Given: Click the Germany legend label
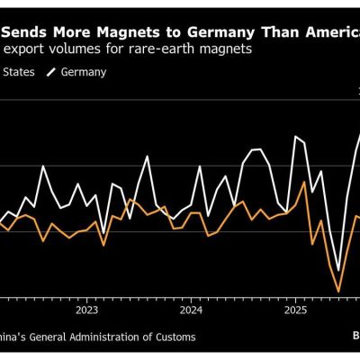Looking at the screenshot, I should click(x=84, y=71).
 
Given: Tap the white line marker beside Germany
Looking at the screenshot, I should click(x=50, y=71).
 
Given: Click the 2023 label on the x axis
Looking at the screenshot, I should click(x=86, y=310).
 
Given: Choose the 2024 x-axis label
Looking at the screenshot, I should click(x=191, y=310).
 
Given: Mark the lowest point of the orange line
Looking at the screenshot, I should click(x=339, y=291).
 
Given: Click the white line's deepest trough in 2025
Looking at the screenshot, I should click(x=338, y=270).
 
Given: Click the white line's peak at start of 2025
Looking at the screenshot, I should click(x=297, y=137).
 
